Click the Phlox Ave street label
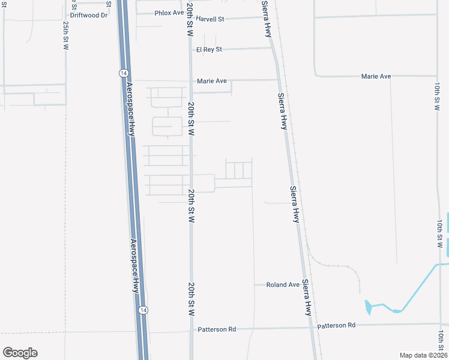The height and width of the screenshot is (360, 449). tap(169, 13)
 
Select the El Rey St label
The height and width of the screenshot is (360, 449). tap(209, 49)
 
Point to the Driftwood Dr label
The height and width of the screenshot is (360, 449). tap(89, 15)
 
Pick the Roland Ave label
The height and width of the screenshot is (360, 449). tap(283, 285)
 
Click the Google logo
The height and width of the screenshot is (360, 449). tap(20, 353)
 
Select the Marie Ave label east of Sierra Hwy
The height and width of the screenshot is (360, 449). tap(376, 76)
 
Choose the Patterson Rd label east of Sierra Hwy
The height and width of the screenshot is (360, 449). tap(336, 325)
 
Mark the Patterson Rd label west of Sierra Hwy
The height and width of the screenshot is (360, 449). tap(217, 329)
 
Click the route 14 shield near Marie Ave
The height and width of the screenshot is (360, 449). tap(122, 73)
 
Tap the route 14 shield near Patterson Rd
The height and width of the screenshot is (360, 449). tap(142, 310)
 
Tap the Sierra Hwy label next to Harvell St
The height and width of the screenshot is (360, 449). tap(266, 18)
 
